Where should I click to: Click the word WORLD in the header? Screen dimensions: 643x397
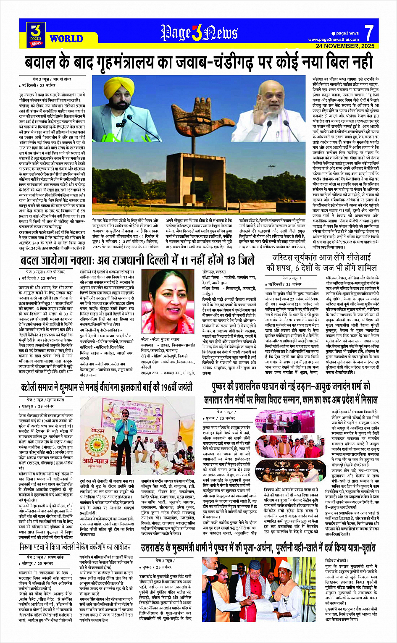pos(66,39)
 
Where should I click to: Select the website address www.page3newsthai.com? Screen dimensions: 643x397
pos(334,39)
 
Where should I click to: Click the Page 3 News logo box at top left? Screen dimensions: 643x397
pos(36,34)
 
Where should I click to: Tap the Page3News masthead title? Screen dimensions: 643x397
pos(199,33)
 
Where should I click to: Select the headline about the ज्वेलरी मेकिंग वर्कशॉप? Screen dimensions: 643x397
pos(75,547)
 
